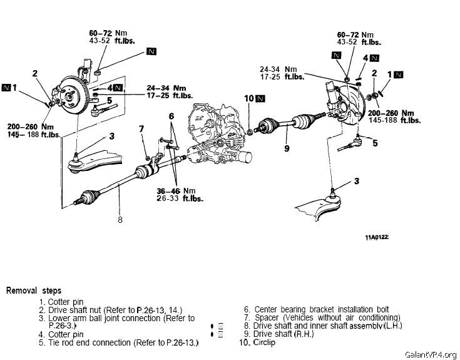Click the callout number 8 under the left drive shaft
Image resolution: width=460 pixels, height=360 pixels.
coord(120,220)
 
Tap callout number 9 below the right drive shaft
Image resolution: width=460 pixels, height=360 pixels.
coord(287,148)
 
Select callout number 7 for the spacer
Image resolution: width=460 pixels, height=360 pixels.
coord(141,129)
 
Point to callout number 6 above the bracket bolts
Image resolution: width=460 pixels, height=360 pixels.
coord(171,116)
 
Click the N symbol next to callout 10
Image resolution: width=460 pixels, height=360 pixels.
coord(260,98)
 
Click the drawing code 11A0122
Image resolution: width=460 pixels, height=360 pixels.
coord(377,237)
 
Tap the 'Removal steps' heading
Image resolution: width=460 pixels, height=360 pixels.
coord(34,291)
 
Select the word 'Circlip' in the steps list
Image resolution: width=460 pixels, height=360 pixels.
coord(264,342)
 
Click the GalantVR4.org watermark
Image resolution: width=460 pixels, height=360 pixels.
coord(431,354)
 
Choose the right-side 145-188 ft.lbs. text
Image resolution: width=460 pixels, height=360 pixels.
coord(394,120)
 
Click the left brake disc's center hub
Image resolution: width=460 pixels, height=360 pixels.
coord(69,96)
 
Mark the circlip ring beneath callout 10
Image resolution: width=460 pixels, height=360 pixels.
coord(249,132)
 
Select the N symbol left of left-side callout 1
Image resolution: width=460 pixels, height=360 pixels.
coord(6,88)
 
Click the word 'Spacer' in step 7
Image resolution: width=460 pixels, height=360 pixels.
coord(267,318)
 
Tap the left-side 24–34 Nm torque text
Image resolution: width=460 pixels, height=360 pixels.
coord(166,88)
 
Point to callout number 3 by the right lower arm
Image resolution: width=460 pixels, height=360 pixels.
coord(357,181)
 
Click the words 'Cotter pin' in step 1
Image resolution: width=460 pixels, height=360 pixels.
coord(66,302)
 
